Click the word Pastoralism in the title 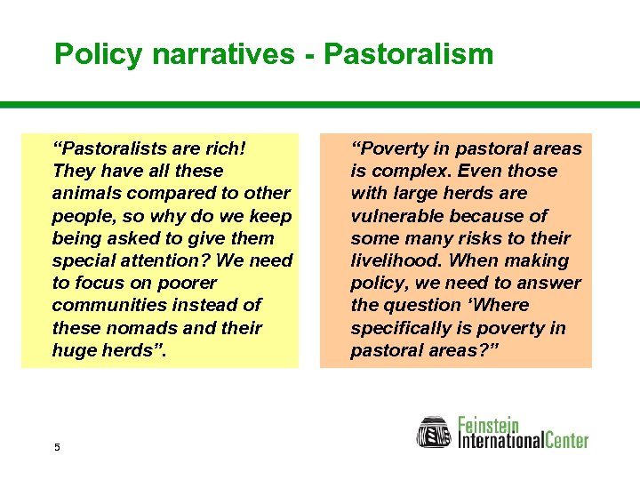pos(408,54)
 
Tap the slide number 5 pos(57,447)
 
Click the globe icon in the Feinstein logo pos(435,432)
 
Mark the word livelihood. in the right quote pos(396,260)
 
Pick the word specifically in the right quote pos(402,328)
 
